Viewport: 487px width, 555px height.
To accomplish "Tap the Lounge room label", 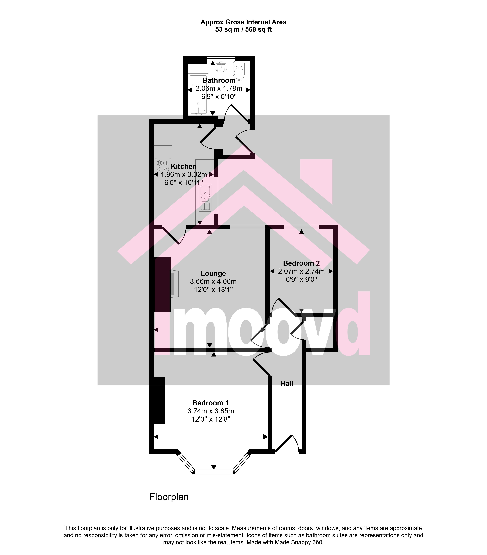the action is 213,273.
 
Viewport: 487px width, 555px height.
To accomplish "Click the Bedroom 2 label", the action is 301,263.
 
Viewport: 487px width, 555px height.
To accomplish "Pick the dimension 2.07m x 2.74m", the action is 301,271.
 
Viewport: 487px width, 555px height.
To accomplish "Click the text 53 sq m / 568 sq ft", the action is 243,30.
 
